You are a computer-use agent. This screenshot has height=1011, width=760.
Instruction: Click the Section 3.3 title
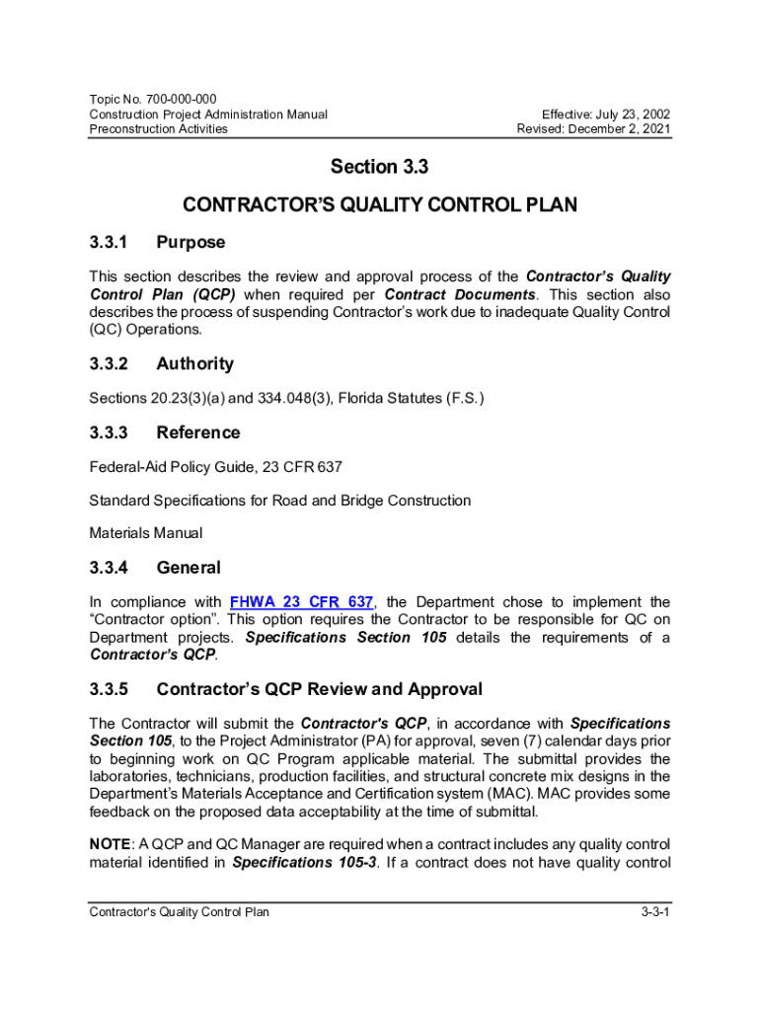click(379, 168)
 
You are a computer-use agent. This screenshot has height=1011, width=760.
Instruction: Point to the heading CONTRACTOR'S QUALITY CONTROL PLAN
click(380, 205)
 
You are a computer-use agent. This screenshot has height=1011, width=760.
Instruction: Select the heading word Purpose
click(190, 242)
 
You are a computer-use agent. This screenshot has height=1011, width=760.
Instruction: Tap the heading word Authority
click(194, 363)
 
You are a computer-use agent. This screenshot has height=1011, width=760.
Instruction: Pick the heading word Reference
click(197, 432)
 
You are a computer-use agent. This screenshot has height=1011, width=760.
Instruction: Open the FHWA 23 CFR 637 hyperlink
click(301, 602)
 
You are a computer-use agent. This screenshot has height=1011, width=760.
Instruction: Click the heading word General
click(189, 568)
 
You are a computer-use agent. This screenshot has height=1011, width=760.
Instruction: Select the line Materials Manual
click(146, 533)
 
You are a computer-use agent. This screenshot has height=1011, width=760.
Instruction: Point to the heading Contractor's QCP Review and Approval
click(319, 689)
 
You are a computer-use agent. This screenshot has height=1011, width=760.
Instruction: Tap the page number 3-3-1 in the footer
click(654, 911)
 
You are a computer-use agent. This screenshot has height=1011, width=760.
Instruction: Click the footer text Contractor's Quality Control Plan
click(179, 911)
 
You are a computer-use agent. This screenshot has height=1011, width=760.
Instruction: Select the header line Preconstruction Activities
click(158, 128)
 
